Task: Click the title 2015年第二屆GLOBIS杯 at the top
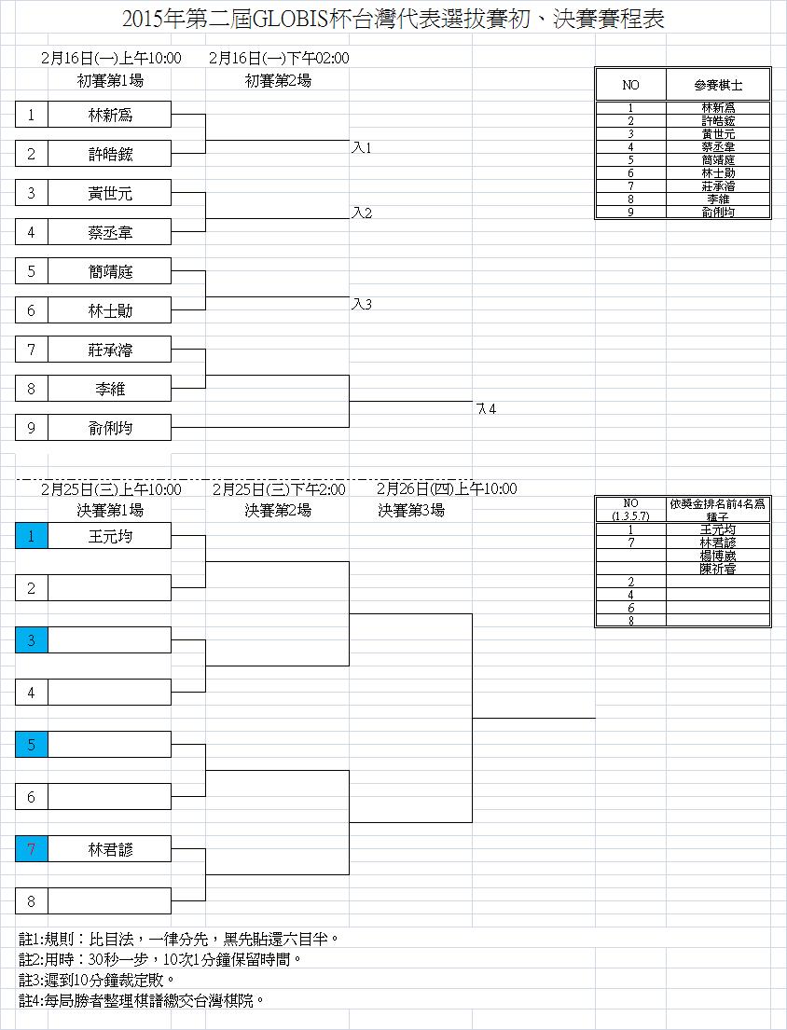[393, 20]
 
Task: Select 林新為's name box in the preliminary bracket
[109, 115]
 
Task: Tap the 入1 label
[362, 148]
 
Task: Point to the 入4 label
[486, 409]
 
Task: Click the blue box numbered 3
[31, 640]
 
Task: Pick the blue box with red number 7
[31, 849]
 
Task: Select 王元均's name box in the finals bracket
[109, 536]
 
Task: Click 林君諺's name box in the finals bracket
[109, 849]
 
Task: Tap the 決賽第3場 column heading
[411, 510]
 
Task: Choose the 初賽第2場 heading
[278, 80]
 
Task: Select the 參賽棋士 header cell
[718, 85]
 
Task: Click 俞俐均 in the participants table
[718, 213]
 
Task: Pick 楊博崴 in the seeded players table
[718, 555]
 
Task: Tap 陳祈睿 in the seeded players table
[718, 568]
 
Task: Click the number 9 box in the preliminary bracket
[31, 428]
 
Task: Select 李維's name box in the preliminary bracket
[109, 389]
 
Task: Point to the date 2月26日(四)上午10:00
[447, 488]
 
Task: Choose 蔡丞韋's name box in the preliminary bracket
[109, 232]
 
